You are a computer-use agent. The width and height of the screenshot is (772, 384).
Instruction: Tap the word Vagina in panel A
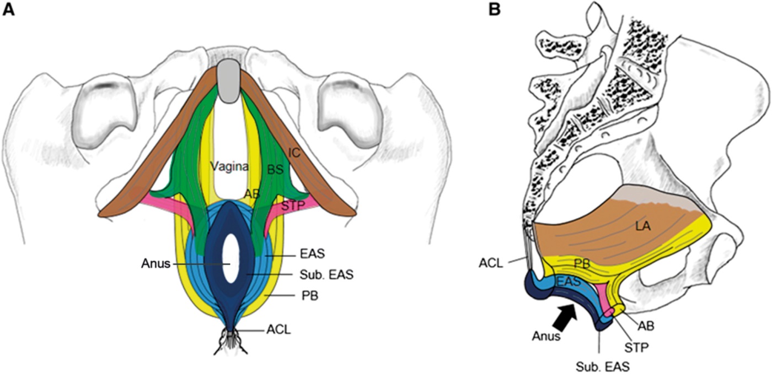point(229,165)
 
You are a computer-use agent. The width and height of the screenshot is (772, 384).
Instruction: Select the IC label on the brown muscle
point(295,154)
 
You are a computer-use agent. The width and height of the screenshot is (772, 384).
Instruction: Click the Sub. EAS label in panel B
point(599,365)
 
